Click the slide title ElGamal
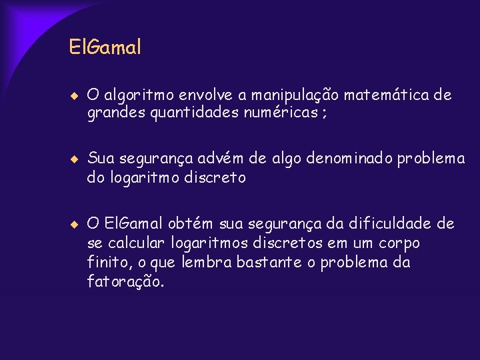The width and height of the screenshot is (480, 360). pos(105,48)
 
